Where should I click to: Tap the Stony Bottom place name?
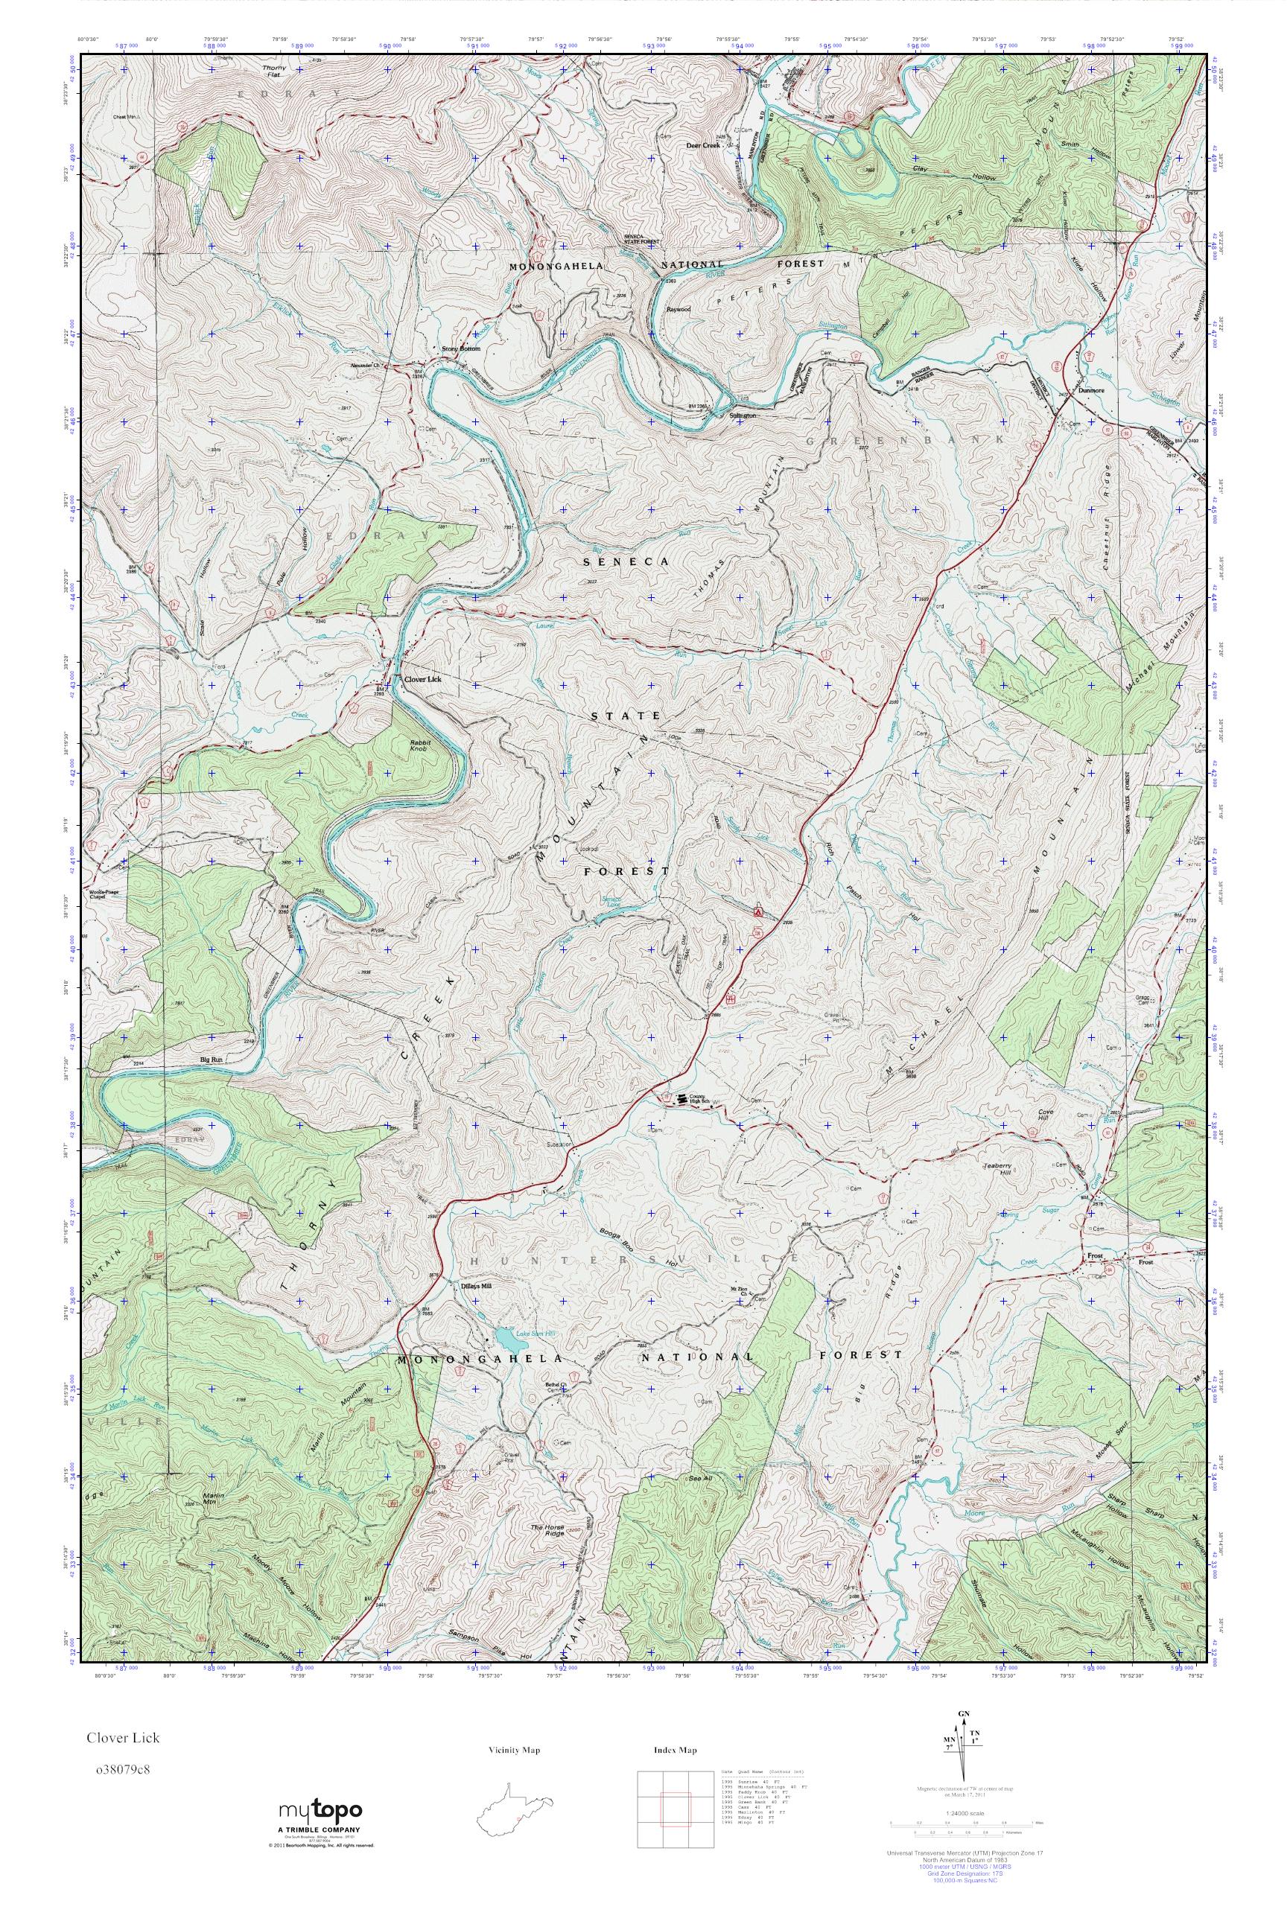460,348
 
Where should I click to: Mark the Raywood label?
679,309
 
